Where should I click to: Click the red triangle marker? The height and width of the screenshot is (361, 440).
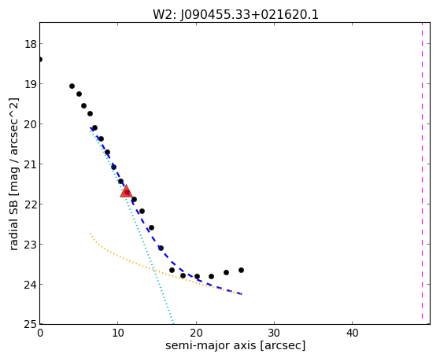coord(126,192)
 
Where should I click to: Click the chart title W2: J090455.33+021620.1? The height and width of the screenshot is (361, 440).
coord(235,15)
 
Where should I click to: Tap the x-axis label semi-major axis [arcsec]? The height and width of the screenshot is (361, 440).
coord(235,345)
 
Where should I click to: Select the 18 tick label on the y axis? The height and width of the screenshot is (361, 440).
coord(30,44)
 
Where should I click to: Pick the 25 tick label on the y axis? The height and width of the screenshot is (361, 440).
coord(30,325)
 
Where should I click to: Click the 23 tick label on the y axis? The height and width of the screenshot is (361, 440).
coord(30,245)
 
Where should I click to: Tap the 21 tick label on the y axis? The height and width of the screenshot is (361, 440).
coord(30,164)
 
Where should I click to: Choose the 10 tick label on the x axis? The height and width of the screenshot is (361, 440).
coord(118,333)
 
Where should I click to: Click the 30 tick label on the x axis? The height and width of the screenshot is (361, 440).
coord(274,333)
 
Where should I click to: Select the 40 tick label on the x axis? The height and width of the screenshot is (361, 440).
coord(352,333)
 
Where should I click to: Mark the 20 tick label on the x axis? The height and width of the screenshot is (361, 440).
coord(196,333)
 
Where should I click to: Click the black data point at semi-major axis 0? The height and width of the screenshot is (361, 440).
coord(40,59)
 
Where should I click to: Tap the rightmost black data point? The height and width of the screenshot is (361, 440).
coord(241,270)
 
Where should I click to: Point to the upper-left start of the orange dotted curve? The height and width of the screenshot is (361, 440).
coord(90,233)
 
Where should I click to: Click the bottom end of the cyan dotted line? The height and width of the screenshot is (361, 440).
coord(173,323)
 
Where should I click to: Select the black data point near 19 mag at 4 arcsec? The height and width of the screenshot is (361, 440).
coord(72,86)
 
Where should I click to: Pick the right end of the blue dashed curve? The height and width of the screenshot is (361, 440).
coord(242,293)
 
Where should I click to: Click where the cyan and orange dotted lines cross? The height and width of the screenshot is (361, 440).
coord(154,270)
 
